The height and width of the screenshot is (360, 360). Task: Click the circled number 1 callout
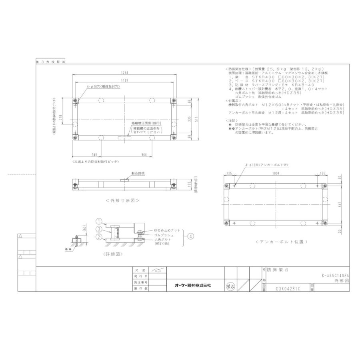coord(98,221)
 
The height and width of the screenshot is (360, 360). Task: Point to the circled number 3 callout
coord(98,229)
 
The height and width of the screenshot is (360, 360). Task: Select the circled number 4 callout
coord(191,236)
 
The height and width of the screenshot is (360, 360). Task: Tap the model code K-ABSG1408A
coord(335,275)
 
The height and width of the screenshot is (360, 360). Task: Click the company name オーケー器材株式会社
coord(193,285)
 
